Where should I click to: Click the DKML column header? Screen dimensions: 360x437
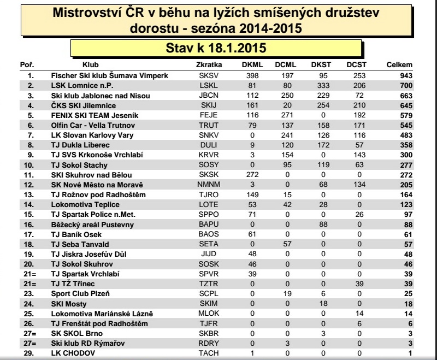(252, 65)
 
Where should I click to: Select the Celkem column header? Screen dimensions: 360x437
(399, 65)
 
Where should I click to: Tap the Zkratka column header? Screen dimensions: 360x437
(208, 65)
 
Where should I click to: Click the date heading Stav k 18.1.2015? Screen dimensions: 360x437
(216, 48)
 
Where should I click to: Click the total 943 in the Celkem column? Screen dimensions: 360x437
(405, 75)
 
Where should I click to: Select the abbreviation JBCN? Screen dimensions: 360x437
(208, 95)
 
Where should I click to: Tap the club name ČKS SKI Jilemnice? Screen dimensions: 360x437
(83, 105)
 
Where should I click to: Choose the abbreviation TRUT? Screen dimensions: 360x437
(208, 125)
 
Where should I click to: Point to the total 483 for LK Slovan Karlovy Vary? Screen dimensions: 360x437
(405, 135)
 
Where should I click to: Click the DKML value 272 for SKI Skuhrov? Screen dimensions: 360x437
(252, 175)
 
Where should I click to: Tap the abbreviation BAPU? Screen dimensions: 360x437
(208, 225)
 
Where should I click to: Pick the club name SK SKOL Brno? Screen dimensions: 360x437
(76, 333)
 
